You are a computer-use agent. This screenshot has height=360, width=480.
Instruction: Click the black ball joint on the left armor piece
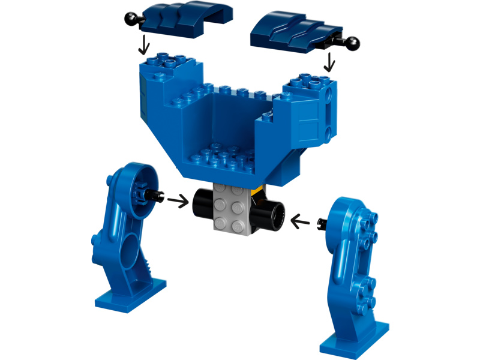point(129,20)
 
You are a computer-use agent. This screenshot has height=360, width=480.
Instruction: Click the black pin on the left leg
point(157,194)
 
